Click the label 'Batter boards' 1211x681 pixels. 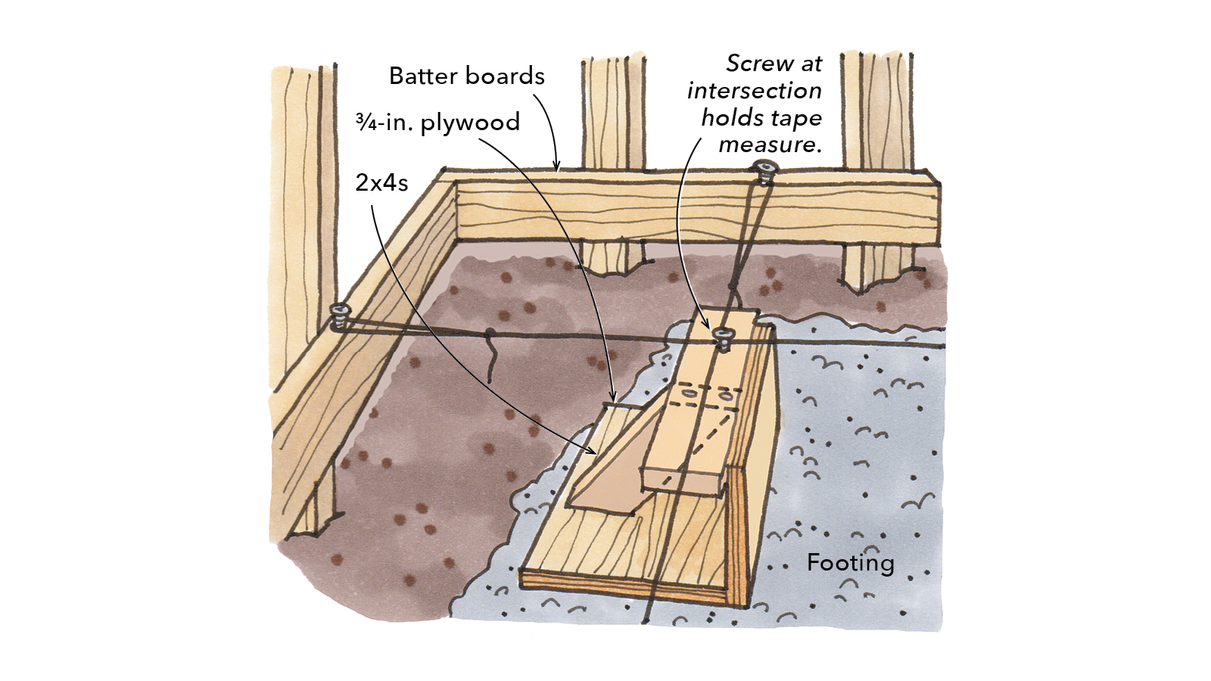point(466,76)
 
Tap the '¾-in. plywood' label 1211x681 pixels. point(438,123)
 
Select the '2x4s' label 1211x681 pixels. point(381,182)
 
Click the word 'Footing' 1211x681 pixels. point(850,563)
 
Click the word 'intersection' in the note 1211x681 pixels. point(754,91)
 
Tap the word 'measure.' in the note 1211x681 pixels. point(770,145)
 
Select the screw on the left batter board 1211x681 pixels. point(340,313)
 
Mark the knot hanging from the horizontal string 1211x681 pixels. point(491,356)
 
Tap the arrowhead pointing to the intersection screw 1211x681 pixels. point(709,327)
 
